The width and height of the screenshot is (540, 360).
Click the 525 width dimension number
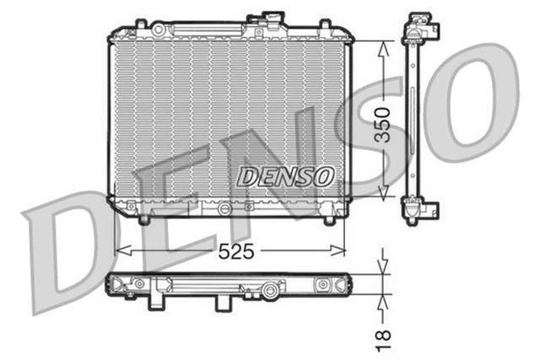point(237,250)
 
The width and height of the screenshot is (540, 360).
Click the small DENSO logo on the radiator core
point(285,176)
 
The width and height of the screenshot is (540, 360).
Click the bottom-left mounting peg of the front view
point(143,219)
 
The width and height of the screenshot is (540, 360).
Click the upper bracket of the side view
point(418,30)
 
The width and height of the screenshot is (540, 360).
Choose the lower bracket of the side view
point(418,209)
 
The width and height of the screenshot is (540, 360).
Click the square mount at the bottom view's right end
point(321,286)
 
